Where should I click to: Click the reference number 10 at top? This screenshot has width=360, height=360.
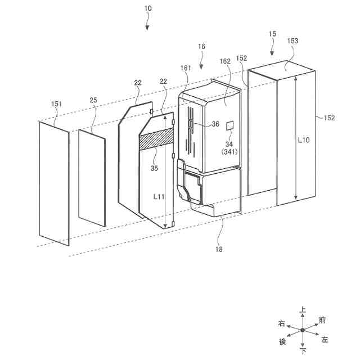(x=147, y=9)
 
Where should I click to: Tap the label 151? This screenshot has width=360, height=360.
(x=57, y=103)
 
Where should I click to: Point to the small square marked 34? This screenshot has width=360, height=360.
(x=230, y=125)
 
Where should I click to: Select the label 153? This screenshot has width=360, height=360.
(x=292, y=41)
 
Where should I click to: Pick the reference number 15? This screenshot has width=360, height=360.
(x=272, y=35)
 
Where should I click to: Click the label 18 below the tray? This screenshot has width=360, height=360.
(x=218, y=249)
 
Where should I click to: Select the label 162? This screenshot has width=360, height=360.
(x=226, y=61)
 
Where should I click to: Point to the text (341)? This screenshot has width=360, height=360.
(x=229, y=151)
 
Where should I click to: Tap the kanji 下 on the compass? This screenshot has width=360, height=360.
(x=303, y=352)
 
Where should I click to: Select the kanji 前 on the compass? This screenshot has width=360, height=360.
(x=322, y=320)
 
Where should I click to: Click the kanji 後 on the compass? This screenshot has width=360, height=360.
(x=282, y=341)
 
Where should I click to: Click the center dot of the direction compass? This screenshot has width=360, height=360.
(x=303, y=330)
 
